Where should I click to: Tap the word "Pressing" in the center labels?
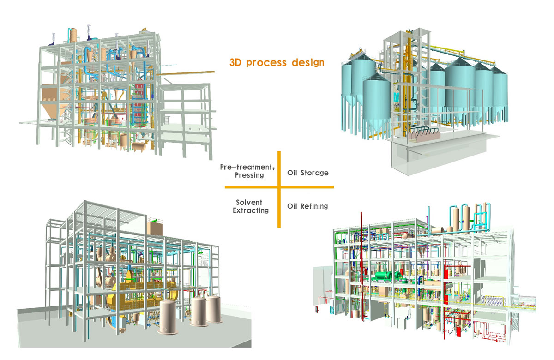249,175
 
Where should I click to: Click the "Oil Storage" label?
307,173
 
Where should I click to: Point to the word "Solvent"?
249,203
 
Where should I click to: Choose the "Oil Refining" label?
307,206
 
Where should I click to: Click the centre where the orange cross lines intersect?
279,187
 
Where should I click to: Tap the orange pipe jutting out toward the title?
194,72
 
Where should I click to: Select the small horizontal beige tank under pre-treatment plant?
138,146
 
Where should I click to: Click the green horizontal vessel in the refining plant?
383,276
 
